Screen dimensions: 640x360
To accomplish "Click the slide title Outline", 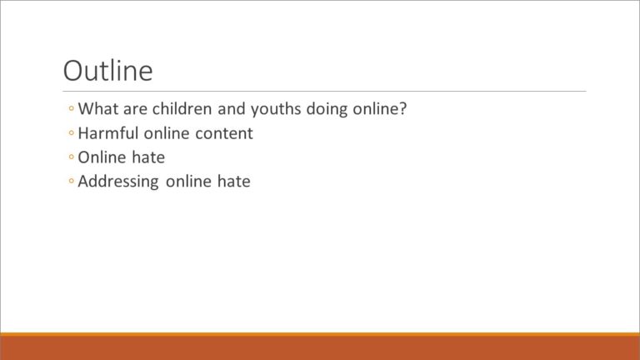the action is pyautogui.click(x=108, y=71).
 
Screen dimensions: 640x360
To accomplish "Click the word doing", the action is pyautogui.click(x=327, y=109).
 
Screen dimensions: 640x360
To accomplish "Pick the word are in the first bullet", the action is pyautogui.click(x=135, y=109).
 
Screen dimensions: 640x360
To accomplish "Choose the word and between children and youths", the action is pyautogui.click(x=232, y=108).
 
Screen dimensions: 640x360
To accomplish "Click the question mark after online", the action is pyautogui.click(x=402, y=108).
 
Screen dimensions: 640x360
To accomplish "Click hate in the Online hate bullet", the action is pyautogui.click(x=148, y=157).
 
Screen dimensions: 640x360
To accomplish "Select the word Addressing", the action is pyautogui.click(x=118, y=182).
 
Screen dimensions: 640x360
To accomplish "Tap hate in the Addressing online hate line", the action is pyautogui.click(x=234, y=181).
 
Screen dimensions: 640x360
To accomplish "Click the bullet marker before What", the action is pyautogui.click(x=72, y=108).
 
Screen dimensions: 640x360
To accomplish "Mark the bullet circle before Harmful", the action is pyautogui.click(x=72, y=132).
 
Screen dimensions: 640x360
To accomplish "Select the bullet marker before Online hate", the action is pyautogui.click(x=72, y=157).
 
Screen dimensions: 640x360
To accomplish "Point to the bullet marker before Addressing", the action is pyautogui.click(x=72, y=181).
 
